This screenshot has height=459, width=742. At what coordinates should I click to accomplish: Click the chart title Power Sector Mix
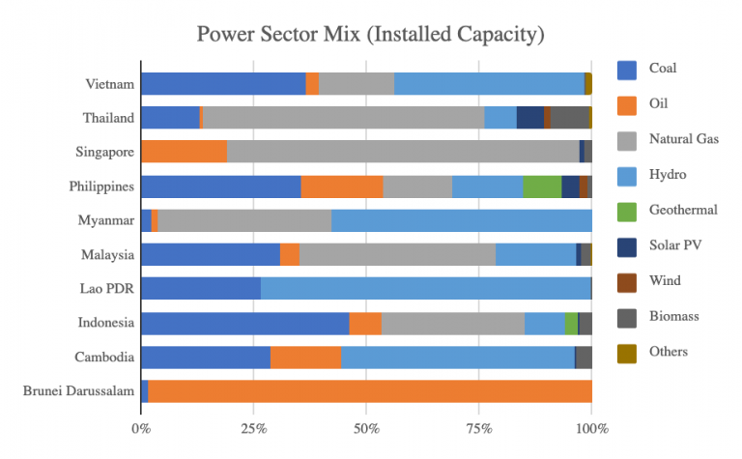point(371,35)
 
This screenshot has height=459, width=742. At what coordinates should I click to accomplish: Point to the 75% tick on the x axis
point(479,426)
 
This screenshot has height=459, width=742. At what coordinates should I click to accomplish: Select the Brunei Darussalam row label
point(77,390)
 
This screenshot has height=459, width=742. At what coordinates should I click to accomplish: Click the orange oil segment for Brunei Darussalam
point(370,390)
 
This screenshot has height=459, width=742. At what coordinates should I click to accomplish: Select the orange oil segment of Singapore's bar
point(185,152)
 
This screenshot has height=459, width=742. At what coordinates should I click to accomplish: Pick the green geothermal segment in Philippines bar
point(542,186)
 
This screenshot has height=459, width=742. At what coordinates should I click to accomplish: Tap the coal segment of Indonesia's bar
point(244,323)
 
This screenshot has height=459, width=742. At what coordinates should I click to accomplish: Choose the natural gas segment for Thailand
point(343,118)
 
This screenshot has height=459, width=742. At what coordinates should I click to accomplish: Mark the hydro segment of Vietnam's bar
point(489,84)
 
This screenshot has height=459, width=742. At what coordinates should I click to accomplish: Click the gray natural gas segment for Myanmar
point(244,220)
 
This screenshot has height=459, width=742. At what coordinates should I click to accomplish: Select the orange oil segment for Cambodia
point(305,357)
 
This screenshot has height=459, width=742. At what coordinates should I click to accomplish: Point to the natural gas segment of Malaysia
point(397,254)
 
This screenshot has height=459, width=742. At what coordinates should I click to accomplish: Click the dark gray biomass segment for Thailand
point(569,118)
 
